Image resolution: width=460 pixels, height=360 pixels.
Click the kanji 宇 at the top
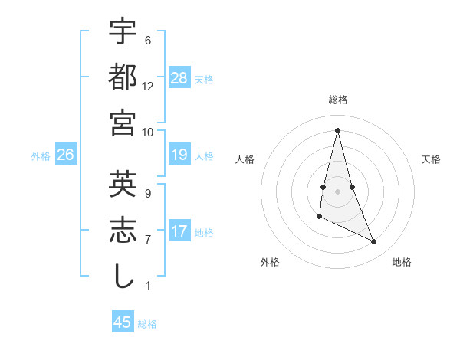pyautogui.click(x=123, y=31)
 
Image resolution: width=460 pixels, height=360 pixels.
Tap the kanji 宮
pyautogui.click(x=123, y=122)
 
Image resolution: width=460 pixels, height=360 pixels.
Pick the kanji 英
pyautogui.click(x=123, y=184)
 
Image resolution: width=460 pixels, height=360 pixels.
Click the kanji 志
pyautogui.click(x=123, y=229)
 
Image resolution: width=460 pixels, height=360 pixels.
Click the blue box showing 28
pyautogui.click(x=179, y=77)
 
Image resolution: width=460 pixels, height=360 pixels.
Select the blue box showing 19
pyautogui.click(x=179, y=155)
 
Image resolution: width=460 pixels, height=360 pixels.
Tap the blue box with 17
pyautogui.click(x=179, y=231)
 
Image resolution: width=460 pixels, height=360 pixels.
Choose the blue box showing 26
pyautogui.click(x=66, y=155)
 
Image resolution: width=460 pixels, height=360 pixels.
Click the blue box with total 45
pyautogui.click(x=123, y=322)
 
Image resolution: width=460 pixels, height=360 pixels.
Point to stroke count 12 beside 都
pyautogui.click(x=148, y=87)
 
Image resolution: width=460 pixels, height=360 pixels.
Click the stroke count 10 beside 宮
pyautogui.click(x=148, y=132)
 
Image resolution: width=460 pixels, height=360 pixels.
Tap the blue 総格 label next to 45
pyautogui.click(x=147, y=324)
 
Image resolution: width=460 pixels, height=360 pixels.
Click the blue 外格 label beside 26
pyautogui.click(x=41, y=156)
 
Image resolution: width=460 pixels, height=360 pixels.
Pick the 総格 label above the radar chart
pyautogui.click(x=338, y=100)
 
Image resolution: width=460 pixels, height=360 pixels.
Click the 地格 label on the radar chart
pyautogui.click(x=402, y=262)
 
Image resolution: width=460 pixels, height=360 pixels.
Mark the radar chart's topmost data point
pyautogui.click(x=337, y=130)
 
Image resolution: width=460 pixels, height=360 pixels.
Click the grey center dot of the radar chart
pyautogui.click(x=337, y=191)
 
